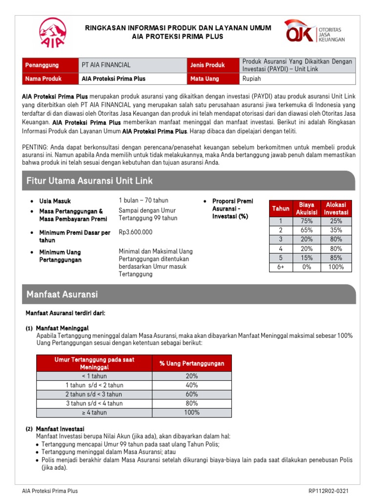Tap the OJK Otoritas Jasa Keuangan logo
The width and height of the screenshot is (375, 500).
pyautogui.click(x=315, y=32)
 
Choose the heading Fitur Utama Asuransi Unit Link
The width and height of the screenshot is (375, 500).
pyautogui.click(x=89, y=181)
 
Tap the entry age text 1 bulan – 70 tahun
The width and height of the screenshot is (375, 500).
pyautogui.click(x=143, y=200)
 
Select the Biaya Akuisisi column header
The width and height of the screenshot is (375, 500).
pyautogui.click(x=307, y=208)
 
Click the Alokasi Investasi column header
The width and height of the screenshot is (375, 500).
pyautogui.click(x=336, y=208)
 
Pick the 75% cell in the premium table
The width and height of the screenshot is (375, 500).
pyautogui.click(x=307, y=221)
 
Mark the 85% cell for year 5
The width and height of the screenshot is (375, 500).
pyautogui.click(x=336, y=258)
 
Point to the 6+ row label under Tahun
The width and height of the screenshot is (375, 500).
pyautogui.click(x=281, y=267)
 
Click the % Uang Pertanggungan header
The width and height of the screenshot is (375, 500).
pyautogui.click(x=192, y=363)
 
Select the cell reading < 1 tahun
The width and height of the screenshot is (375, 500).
pyautogui.click(x=94, y=376)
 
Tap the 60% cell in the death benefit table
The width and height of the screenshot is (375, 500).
pyautogui.click(x=192, y=395)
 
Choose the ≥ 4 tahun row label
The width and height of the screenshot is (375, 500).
pyautogui.click(x=94, y=413)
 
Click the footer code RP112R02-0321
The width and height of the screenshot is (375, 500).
pyautogui.click(x=329, y=491)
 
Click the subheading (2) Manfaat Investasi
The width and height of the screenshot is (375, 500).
pyautogui.click(x=56, y=429)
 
